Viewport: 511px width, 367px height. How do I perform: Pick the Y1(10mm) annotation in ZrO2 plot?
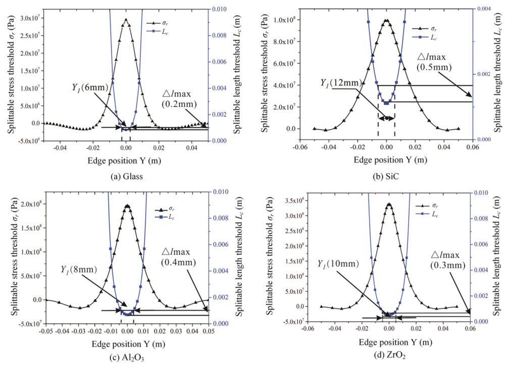339,264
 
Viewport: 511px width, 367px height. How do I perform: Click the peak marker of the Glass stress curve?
126,20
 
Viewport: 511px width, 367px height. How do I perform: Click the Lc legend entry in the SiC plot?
433,38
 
